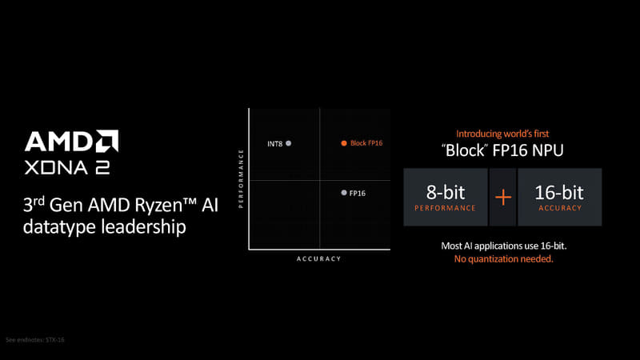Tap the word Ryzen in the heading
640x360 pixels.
128,205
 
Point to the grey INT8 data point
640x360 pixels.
289,143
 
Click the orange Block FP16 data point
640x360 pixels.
344,143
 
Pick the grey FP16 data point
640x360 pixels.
343,193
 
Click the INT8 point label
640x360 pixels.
274,144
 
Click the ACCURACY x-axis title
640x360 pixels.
318,258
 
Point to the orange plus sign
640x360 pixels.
502,196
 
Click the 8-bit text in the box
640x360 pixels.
445,192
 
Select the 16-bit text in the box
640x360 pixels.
559,192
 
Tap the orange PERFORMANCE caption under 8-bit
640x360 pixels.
445,208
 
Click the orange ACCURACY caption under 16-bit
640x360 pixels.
559,208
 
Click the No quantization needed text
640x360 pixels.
504,259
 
